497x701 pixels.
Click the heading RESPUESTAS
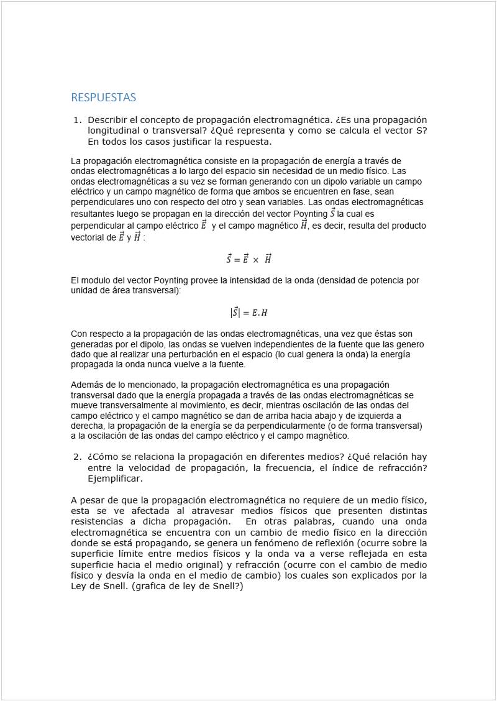point(103,98)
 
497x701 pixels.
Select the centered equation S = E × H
point(248,259)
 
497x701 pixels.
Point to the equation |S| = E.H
point(248,313)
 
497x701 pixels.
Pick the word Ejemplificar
point(115,479)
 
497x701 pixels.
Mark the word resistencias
point(97,521)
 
